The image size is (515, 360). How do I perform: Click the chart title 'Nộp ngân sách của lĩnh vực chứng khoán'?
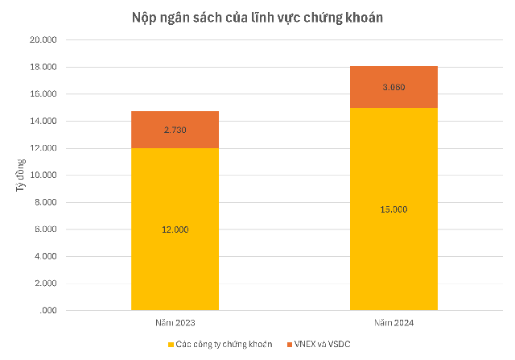[257, 16]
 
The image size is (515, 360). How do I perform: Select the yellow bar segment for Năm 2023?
[175, 242]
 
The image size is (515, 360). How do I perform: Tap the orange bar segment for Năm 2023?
[175, 130]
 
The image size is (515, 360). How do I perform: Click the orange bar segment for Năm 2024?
[393, 87]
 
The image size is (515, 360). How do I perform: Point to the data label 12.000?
[175, 230]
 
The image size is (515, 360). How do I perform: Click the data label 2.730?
[175, 130]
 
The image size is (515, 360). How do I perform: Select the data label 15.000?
[393, 209]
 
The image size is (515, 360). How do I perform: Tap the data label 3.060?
[393, 87]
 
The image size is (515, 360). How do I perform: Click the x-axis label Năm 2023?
[175, 322]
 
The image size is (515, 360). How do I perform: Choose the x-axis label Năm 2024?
[393, 322]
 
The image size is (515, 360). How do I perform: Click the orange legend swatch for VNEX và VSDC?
[290, 345]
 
